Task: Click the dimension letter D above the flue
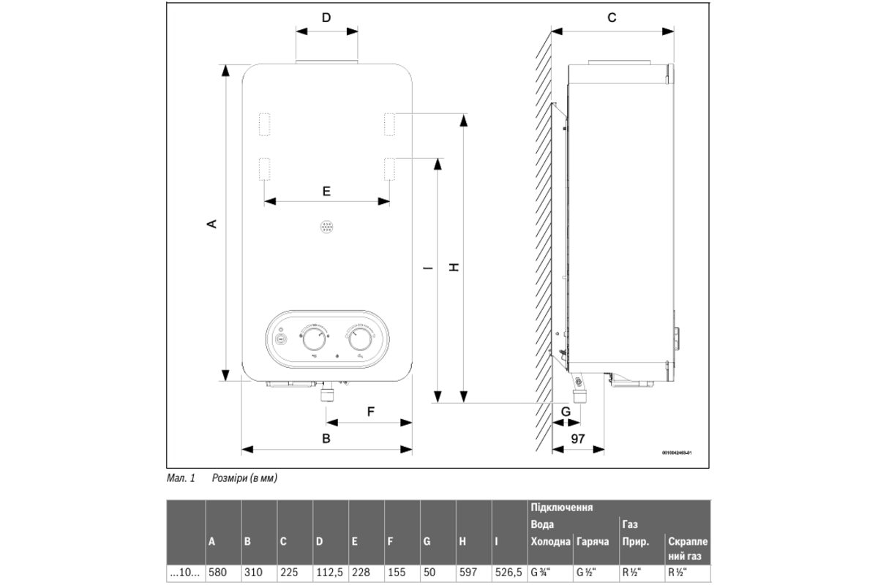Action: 326,18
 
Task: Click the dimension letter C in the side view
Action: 612,18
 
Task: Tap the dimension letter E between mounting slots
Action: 326,191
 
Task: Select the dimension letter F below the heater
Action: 370,411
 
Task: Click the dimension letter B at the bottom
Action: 326,439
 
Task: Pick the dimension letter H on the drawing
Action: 454,268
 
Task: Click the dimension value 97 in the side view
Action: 578,439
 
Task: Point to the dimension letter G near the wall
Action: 566,412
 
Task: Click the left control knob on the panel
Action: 315,340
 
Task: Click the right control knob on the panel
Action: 361,340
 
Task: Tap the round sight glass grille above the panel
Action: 326,227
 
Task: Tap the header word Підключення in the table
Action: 561,507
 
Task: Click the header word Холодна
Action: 550,542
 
